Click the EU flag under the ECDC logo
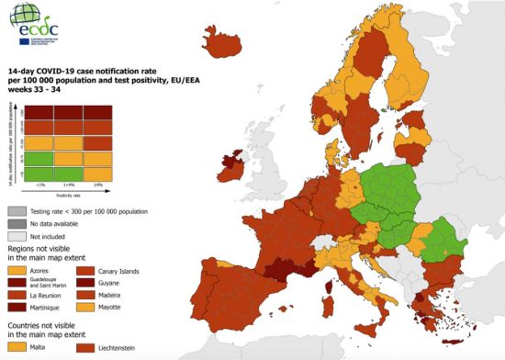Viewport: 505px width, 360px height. (19, 40)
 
